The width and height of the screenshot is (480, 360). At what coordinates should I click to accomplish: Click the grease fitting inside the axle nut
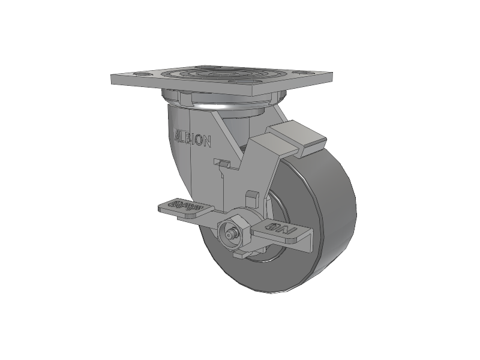[230, 233]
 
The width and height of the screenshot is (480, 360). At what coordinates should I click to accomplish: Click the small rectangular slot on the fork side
[222, 162]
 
